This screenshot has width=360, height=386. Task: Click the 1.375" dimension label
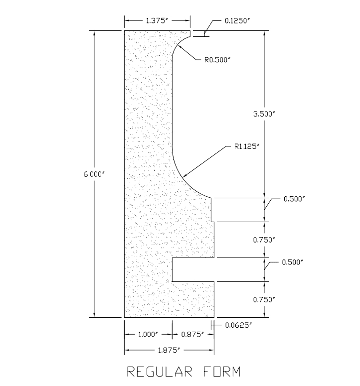click(x=157, y=21)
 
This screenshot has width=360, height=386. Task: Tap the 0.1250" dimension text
click(x=237, y=21)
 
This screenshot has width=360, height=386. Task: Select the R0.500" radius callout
click(x=217, y=60)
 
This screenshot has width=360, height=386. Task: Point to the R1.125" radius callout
click(x=247, y=147)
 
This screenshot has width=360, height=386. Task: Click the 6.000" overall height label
click(x=94, y=174)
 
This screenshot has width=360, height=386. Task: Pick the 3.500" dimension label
click(x=264, y=114)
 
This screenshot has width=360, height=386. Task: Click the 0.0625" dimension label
click(x=238, y=325)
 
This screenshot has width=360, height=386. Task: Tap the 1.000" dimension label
click(x=148, y=335)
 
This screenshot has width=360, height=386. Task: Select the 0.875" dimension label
click(x=192, y=335)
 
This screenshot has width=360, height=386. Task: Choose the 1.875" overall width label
click(x=169, y=350)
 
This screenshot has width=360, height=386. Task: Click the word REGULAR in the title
click(x=160, y=372)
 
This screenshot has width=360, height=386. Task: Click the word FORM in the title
click(x=222, y=372)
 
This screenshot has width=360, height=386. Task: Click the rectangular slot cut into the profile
click(x=193, y=269)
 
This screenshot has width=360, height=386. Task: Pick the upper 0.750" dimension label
click(x=264, y=240)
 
